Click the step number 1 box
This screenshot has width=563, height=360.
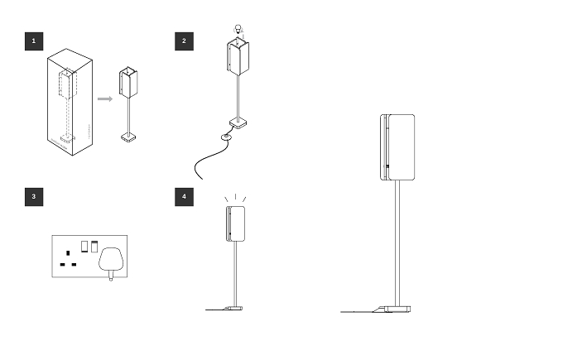tap(34, 41)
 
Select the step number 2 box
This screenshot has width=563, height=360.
tap(184, 41)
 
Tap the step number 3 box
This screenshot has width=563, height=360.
tap(34, 197)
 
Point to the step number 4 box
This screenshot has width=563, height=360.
tap(184, 197)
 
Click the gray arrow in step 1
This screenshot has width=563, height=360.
tap(105, 98)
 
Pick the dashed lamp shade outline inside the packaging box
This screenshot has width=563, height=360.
tap(68, 84)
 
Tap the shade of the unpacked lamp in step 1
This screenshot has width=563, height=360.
tap(128, 82)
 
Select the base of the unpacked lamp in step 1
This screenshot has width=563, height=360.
tap(128, 137)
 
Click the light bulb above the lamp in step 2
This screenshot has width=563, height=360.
tap(238, 30)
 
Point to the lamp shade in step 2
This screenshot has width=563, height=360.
tap(238, 57)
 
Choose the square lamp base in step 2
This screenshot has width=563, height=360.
tap(238, 123)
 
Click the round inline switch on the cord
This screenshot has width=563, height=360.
tap(226, 137)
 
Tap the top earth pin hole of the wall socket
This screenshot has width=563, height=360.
tap(68, 253)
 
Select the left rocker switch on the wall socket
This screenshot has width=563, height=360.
tap(84, 247)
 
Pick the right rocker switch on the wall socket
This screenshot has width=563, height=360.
tap(94, 247)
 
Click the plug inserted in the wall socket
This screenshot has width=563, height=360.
tap(111, 261)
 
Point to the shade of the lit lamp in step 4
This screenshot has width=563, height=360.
tap(236, 223)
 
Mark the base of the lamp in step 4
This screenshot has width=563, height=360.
tap(233, 308)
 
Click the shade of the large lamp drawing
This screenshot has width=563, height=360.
tap(397, 147)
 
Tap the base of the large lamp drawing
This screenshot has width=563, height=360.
tap(392, 309)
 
